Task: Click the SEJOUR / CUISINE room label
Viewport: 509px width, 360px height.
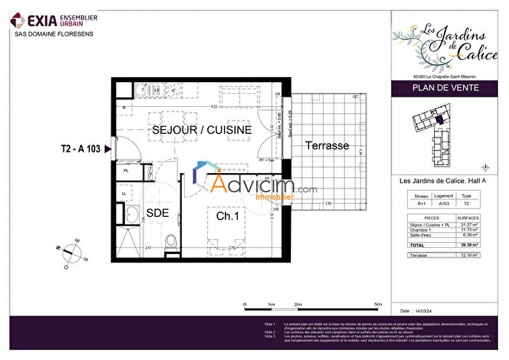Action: coord(201,129)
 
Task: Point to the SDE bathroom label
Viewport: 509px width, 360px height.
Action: coord(158,213)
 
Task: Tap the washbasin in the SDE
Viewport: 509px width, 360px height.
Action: coord(134,215)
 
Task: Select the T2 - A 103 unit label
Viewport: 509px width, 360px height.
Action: coord(81,149)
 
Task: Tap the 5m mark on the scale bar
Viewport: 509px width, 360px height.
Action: coord(377,304)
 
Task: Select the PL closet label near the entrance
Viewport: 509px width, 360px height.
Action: coord(126,171)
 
